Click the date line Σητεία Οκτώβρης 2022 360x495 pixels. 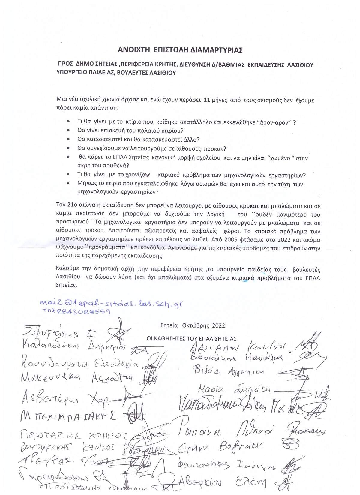click(193, 325)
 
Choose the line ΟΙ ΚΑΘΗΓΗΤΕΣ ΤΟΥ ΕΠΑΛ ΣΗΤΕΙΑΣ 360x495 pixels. click(191, 339)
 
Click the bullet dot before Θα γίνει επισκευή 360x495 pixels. click(69, 130)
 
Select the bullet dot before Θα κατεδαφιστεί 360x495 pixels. click(69, 139)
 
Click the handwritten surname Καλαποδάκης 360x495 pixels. click(51, 345)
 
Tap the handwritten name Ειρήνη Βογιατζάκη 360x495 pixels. click(220, 447)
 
